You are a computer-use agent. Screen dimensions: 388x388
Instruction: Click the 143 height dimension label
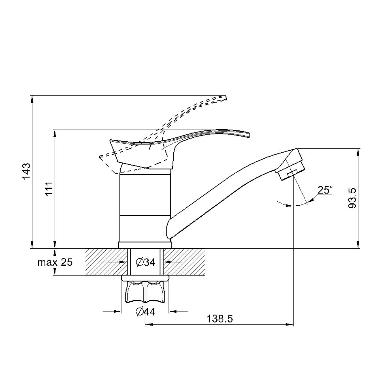click(x=27, y=171)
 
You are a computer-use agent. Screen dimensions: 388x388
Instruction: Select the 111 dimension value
click(x=49, y=189)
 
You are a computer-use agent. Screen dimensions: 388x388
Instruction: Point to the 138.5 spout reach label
click(x=220, y=319)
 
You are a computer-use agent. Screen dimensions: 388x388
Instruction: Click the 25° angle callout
click(x=325, y=190)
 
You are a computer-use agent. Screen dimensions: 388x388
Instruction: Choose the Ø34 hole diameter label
click(x=145, y=262)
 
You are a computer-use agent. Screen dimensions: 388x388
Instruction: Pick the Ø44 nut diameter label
click(x=145, y=312)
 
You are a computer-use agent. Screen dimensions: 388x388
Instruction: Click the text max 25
click(x=55, y=263)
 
